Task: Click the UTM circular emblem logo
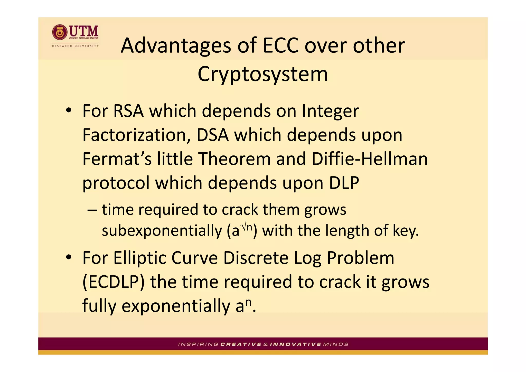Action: (60, 32)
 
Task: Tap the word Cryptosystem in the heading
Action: (262, 74)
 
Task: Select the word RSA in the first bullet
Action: (128, 111)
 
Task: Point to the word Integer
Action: (330, 111)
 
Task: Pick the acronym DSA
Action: (212, 135)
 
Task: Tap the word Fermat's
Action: (117, 159)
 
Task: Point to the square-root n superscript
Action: (247, 225)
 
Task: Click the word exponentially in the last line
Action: (176, 306)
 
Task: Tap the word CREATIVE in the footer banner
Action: (241, 344)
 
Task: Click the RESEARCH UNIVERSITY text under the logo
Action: (75, 46)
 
